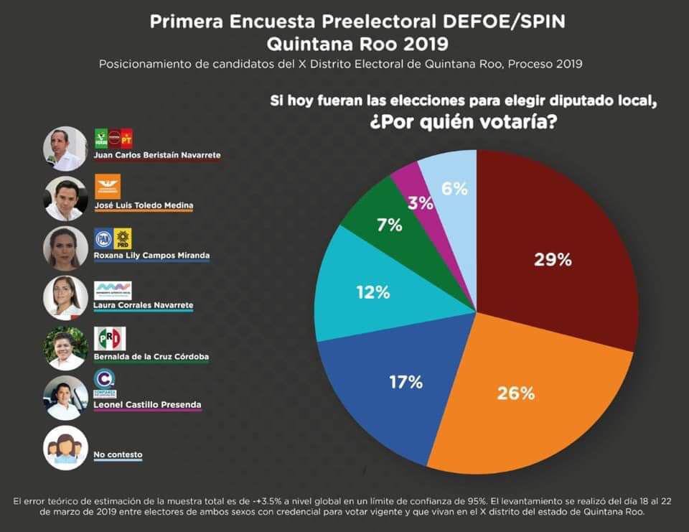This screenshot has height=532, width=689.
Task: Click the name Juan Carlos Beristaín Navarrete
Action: (157, 155)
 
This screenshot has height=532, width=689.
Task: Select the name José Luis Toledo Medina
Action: (144, 205)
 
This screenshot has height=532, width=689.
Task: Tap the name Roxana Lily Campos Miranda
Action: (151, 256)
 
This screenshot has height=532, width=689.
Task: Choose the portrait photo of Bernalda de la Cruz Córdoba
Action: (65, 347)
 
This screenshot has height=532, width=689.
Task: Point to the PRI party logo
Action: (110, 338)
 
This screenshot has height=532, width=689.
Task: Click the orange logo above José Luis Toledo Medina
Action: (108, 187)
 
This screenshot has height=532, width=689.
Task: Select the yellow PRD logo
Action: (123, 238)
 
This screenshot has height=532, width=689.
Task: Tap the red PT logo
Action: (127, 137)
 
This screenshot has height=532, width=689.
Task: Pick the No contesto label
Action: (118, 454)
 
